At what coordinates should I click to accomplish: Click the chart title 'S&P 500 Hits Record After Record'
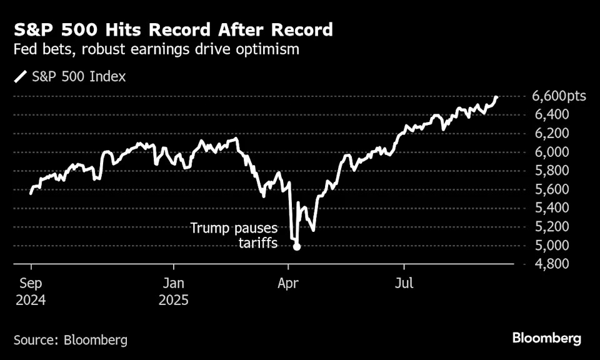[173, 29]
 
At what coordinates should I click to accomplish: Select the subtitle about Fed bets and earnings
[157, 50]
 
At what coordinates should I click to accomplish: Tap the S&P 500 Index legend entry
[70, 77]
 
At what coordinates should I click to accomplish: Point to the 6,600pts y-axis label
[559, 96]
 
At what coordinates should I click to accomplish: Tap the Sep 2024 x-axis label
[30, 291]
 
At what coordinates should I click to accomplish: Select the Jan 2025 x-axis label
[173, 291]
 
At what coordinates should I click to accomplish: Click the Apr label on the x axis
[287, 284]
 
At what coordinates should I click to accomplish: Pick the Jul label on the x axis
[404, 284]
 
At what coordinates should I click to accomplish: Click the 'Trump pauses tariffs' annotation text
[234, 236]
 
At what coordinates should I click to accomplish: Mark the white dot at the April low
[297, 247]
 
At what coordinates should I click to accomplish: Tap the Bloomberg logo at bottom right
[547, 338]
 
